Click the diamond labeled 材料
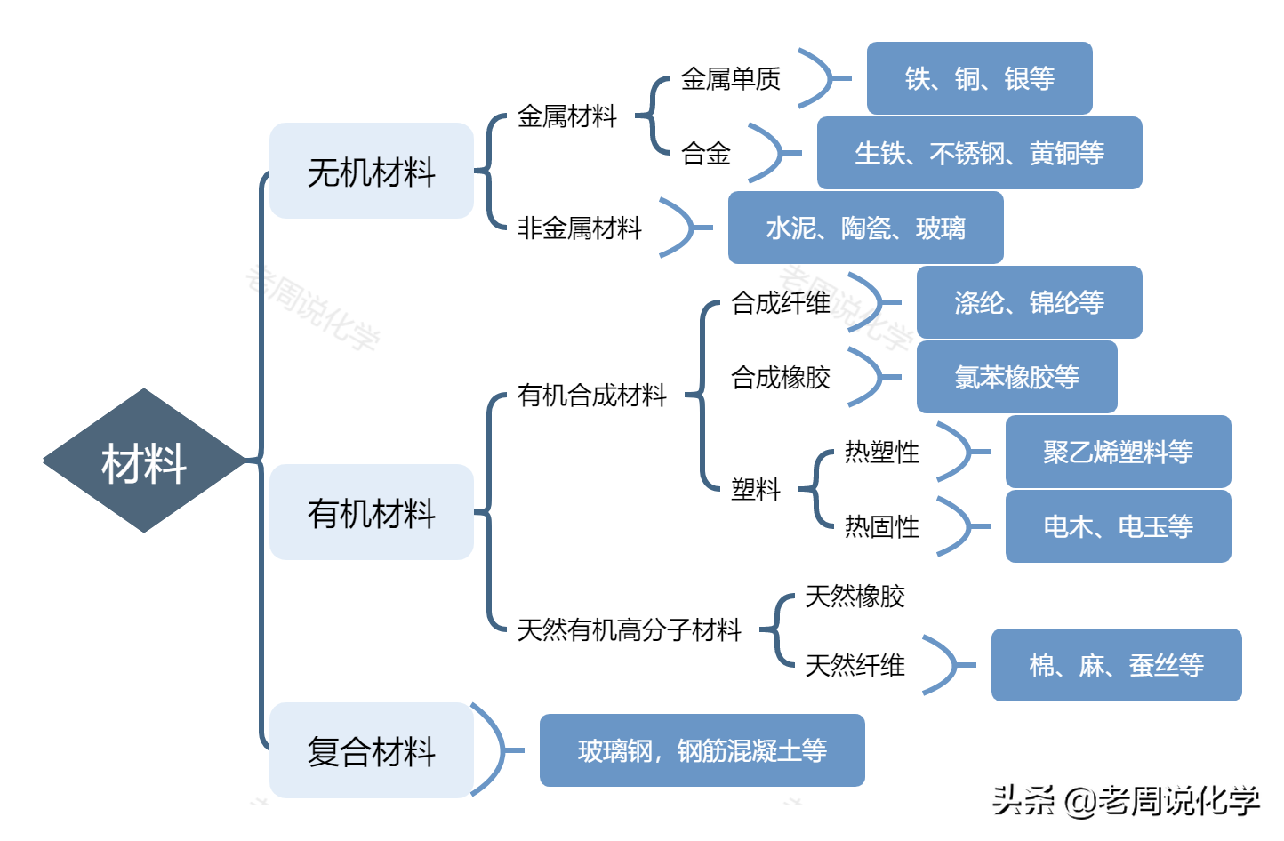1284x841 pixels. (144, 461)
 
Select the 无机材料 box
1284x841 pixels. (372, 172)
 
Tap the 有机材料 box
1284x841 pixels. (372, 513)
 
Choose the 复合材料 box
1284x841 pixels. (372, 750)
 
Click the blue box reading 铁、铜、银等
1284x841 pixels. (979, 78)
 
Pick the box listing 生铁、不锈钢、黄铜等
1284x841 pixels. (979, 153)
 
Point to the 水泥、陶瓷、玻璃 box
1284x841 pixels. (865, 228)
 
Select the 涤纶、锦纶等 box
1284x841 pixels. (1029, 302)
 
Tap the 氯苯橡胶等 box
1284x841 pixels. (1016, 377)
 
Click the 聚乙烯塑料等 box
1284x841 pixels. (1118, 452)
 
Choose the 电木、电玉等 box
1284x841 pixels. (1118, 526)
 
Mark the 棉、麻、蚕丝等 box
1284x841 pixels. (1116, 665)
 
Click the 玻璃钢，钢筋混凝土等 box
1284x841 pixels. (702, 750)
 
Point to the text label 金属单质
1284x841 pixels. (730, 79)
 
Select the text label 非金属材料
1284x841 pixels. (579, 228)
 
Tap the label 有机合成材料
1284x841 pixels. (591, 395)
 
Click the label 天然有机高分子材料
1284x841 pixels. (629, 630)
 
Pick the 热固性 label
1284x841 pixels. (881, 527)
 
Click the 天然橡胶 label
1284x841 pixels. (855, 597)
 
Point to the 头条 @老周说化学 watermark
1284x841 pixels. (1126, 800)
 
